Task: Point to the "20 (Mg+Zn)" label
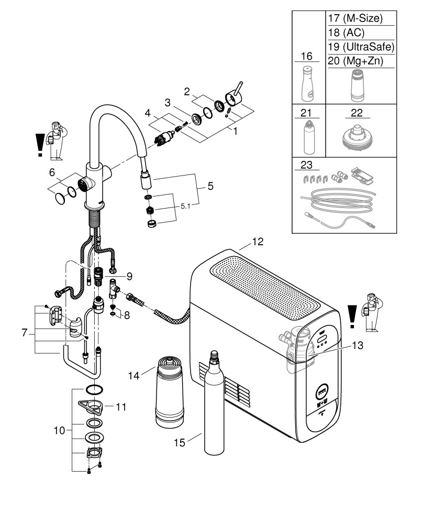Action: (x=354, y=61)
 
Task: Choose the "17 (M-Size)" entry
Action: (x=354, y=18)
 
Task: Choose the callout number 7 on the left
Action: (x=25, y=333)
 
